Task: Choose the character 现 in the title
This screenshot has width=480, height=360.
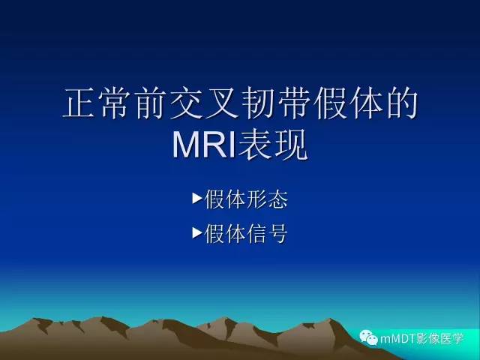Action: click(x=291, y=145)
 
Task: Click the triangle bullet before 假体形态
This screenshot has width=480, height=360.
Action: click(x=197, y=199)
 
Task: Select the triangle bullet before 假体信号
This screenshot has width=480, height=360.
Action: click(x=197, y=234)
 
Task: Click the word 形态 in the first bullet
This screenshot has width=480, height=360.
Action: click(x=268, y=200)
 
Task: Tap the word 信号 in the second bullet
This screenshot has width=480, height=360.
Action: click(x=268, y=235)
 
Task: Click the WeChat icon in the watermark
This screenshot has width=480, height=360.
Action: click(x=370, y=337)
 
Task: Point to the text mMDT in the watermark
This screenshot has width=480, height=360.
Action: click(x=399, y=338)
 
